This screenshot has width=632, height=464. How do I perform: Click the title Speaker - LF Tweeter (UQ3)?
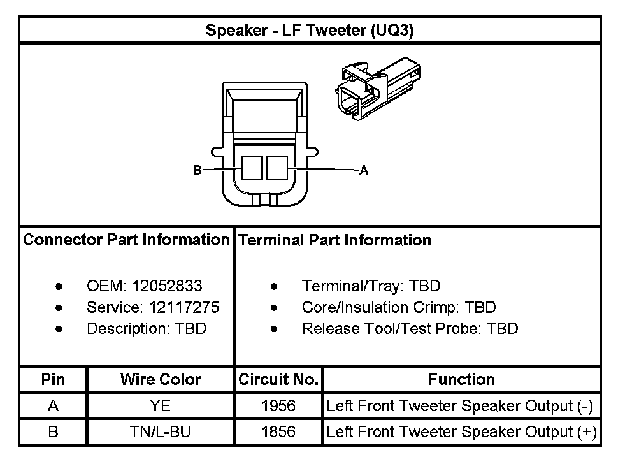pyautogui.click(x=310, y=31)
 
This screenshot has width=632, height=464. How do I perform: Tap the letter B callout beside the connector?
pyautogui.click(x=197, y=170)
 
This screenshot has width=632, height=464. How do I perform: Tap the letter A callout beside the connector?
pyautogui.click(x=364, y=170)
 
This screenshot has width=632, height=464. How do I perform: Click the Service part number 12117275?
pyautogui.click(x=184, y=308)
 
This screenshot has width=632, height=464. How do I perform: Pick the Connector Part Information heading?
pyautogui.click(x=126, y=240)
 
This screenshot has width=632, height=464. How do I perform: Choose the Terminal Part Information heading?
pyautogui.click(x=334, y=240)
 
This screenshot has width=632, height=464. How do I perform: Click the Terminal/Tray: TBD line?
pyautogui.click(x=371, y=286)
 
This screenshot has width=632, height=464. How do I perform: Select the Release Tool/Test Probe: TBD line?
pyautogui.click(x=410, y=329)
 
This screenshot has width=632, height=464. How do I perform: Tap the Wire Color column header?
pyautogui.click(x=161, y=380)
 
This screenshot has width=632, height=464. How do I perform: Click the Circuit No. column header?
pyautogui.click(x=278, y=380)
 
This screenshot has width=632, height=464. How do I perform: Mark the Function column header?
pyautogui.click(x=461, y=380)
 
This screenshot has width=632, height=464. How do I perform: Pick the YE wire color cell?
pyautogui.click(x=161, y=406)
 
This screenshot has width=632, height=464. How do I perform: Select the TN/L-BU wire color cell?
pyautogui.click(x=161, y=432)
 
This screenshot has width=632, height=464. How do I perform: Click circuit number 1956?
pyautogui.click(x=278, y=406)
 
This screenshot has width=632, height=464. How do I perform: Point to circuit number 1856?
pyautogui.click(x=278, y=432)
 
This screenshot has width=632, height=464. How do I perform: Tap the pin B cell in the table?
pyautogui.click(x=53, y=432)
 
